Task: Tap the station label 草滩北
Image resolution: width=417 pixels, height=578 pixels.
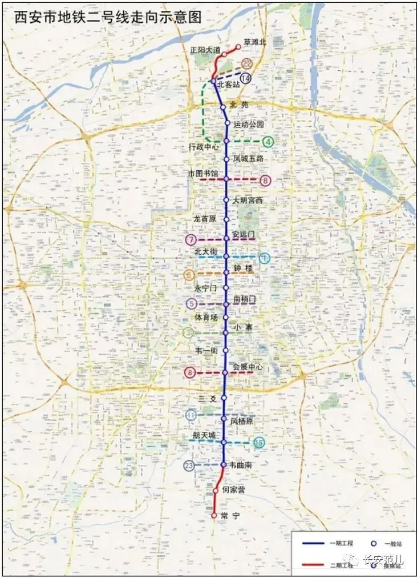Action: pyautogui.click(x=254, y=42)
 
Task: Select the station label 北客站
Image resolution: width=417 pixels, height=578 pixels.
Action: pyautogui.click(x=229, y=85)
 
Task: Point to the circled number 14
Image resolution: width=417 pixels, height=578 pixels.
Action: pyautogui.click(x=246, y=78)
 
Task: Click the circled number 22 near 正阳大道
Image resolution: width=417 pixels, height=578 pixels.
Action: pyautogui.click(x=247, y=64)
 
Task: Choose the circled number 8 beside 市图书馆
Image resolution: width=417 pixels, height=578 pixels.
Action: pyautogui.click(x=265, y=180)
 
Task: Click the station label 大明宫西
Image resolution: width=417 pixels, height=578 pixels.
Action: pyautogui.click(x=248, y=200)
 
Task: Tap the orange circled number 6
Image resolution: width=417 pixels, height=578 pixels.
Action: pyautogui.click(x=189, y=275)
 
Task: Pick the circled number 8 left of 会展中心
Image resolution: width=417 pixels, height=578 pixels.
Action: pyautogui.click(x=190, y=373)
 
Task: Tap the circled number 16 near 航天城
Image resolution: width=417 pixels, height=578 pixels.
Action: pyautogui.click(x=259, y=443)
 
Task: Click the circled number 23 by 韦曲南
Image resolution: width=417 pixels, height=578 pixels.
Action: pyautogui.click(x=189, y=465)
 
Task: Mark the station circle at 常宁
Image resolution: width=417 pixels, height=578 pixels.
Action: pyautogui.click(x=214, y=515)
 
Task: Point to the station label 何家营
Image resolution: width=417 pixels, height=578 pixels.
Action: pyautogui.click(x=233, y=490)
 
